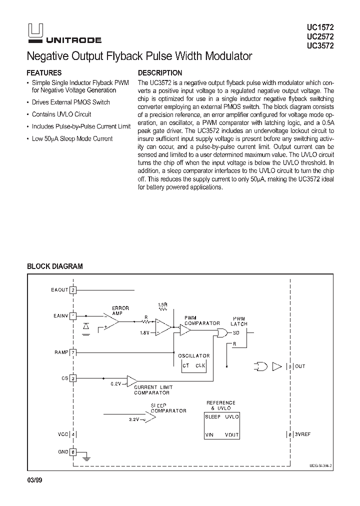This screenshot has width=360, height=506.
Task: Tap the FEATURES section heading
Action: [x=44, y=73]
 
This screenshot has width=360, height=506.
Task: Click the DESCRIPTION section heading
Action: [x=160, y=73]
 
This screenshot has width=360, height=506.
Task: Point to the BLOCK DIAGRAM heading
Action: [x=55, y=266]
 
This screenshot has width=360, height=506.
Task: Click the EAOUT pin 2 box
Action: [x=73, y=290]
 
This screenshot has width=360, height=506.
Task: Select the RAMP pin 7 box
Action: [x=73, y=352]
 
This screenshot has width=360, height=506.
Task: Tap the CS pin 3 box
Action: [x=73, y=378]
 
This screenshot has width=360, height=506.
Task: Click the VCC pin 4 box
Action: [x=73, y=434]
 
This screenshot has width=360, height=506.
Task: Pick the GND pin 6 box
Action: [x=73, y=451]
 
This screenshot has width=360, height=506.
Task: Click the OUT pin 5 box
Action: [x=290, y=366]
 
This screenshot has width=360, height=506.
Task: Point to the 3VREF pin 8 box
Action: [x=290, y=434]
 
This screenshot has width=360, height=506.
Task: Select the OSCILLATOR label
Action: [x=194, y=356]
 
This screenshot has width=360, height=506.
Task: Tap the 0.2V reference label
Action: [x=116, y=384]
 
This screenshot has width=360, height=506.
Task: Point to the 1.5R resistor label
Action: [x=162, y=304]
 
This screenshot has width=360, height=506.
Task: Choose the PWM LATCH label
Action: [x=239, y=321]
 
